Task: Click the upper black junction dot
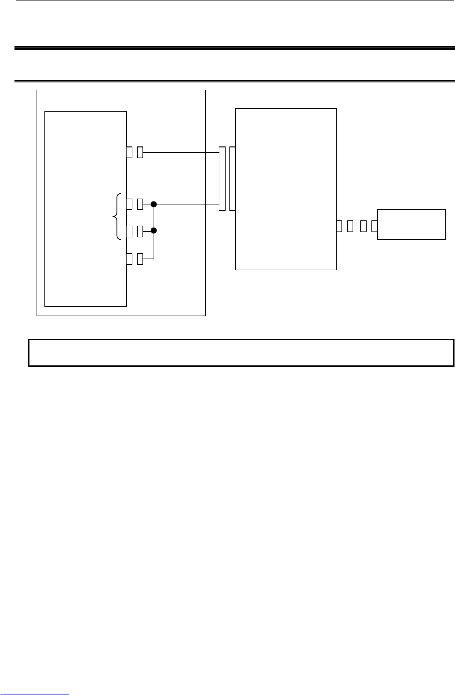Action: pyautogui.click(x=154, y=204)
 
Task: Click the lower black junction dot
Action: pyautogui.click(x=154, y=232)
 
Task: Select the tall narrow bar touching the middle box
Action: pyautogui.click(x=232, y=179)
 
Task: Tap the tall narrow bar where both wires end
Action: pyautogui.click(x=222, y=179)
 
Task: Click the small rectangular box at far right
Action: pyautogui.click(x=411, y=225)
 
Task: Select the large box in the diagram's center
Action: pyautogui.click(x=285, y=189)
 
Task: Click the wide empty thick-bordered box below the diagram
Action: pyautogui.click(x=241, y=353)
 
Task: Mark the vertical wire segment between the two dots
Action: pyautogui.click(x=154, y=218)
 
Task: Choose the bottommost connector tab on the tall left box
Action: pyautogui.click(x=129, y=259)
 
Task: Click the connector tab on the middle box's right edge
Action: pyautogui.click(x=339, y=225)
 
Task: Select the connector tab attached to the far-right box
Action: pyautogui.click(x=374, y=225)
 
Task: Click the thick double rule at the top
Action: pyautogui.click(x=235, y=48)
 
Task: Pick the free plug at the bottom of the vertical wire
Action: pyautogui.click(x=140, y=259)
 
